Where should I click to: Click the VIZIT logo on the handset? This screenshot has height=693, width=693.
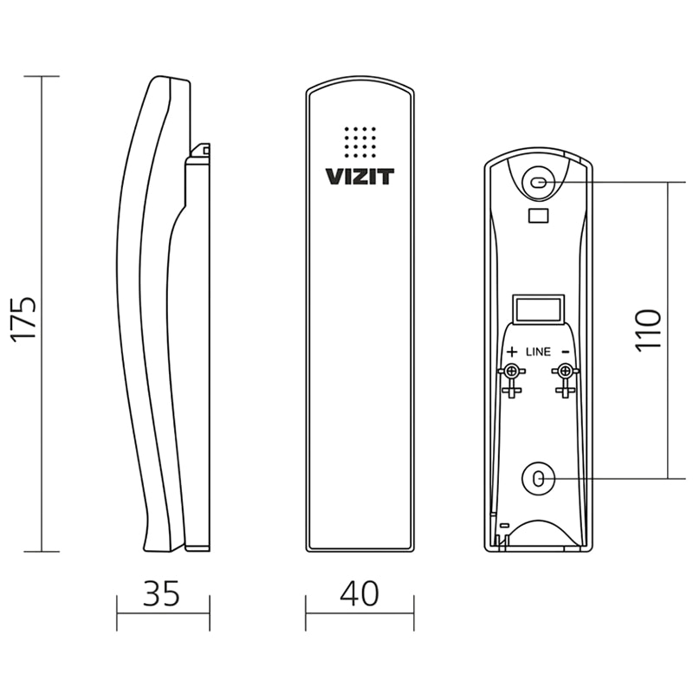[x=359, y=177]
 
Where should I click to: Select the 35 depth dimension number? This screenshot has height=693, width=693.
[x=161, y=593]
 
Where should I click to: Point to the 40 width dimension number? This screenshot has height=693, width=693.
[x=359, y=593]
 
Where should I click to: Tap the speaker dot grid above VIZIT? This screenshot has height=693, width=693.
[x=360, y=142]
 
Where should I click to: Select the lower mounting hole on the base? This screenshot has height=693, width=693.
[x=538, y=478]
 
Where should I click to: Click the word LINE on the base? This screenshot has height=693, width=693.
[x=538, y=352]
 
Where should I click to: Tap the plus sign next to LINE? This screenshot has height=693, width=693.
[x=512, y=352]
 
